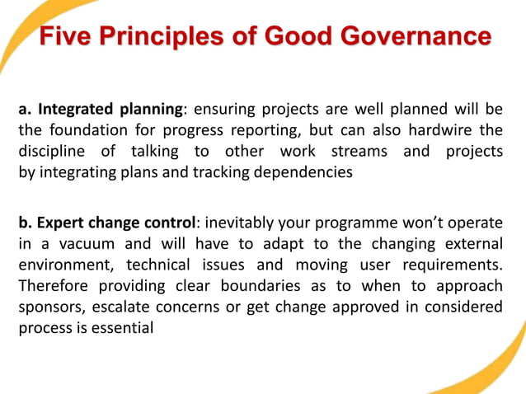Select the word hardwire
coord(448,130)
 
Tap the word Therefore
coord(53,286)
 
